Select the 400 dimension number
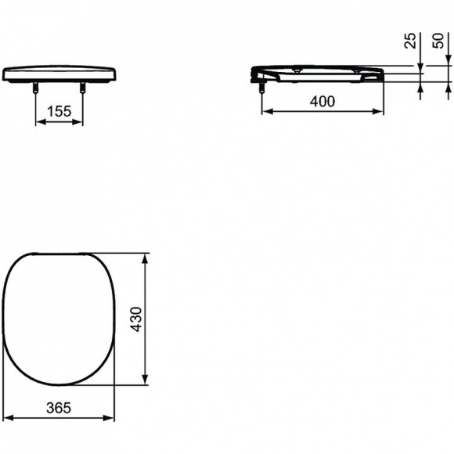coord(321,101)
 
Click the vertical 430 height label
coord(135,319)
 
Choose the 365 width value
coord(59,408)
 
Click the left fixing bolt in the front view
coord(36,88)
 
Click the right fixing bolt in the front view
coord(83,88)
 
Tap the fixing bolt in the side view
coord(261,88)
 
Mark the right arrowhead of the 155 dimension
coord(80,121)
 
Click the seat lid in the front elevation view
coord(59,74)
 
